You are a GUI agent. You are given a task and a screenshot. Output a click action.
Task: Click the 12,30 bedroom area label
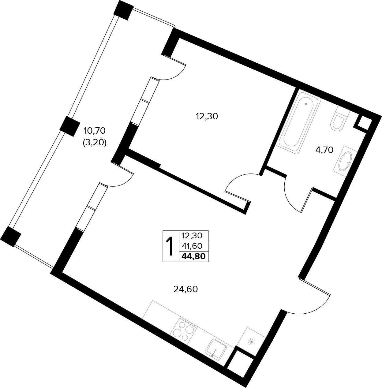(207, 116)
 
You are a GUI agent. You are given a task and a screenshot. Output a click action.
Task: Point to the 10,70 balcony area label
(95, 131)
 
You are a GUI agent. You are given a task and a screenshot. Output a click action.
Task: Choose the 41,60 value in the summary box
(192, 246)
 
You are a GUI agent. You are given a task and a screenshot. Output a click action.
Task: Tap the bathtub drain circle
(306, 104)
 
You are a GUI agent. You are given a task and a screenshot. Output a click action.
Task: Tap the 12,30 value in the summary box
(192, 235)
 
